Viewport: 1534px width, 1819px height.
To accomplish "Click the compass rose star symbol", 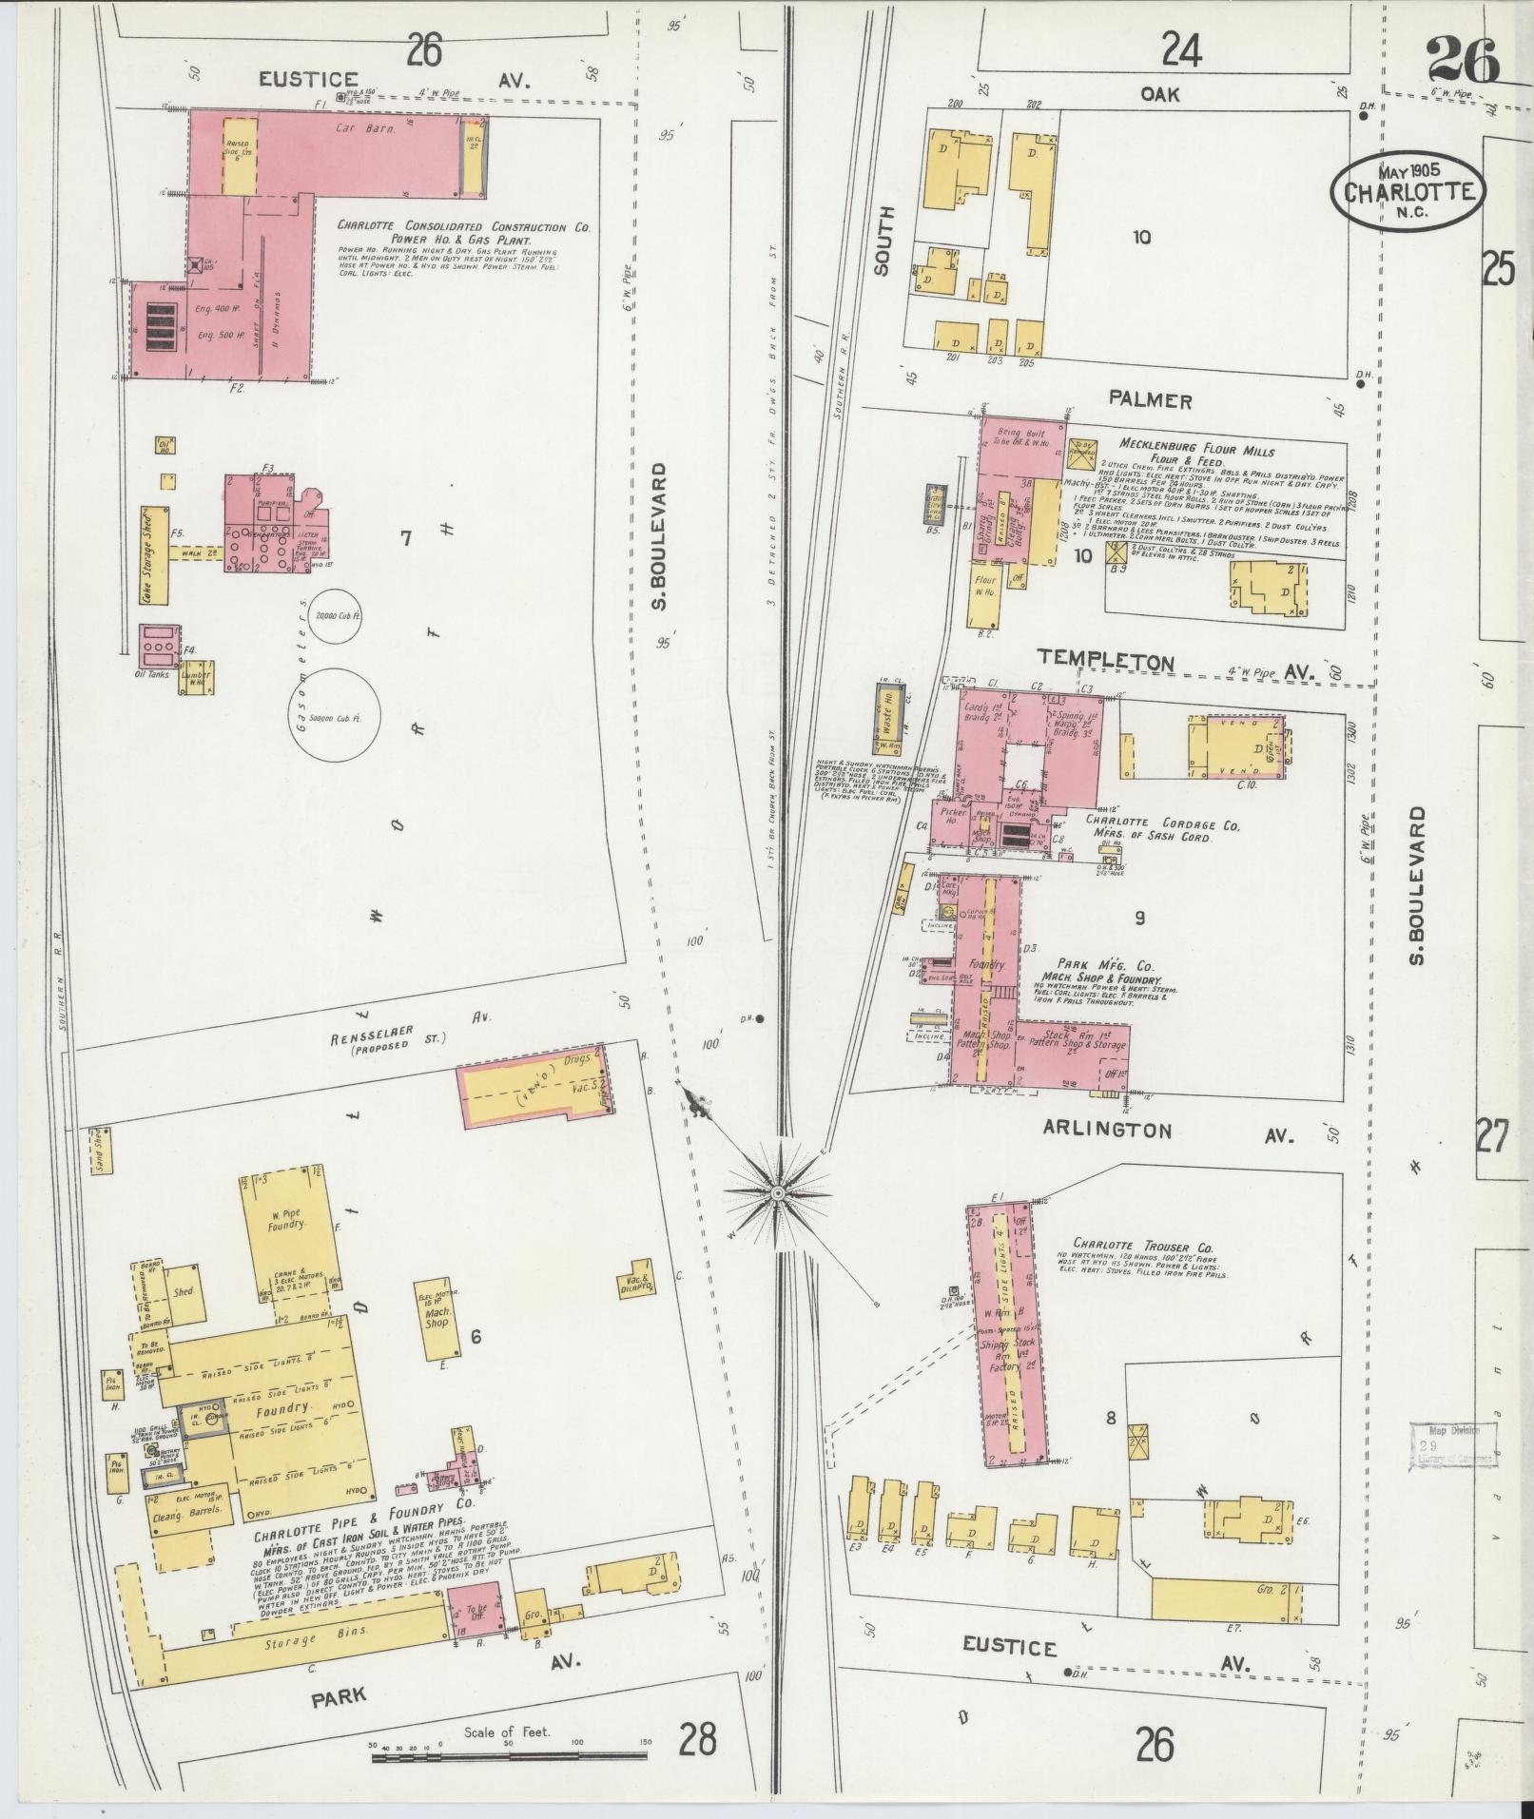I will pos(778,1191).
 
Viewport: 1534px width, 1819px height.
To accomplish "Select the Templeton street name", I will pos(1105,659).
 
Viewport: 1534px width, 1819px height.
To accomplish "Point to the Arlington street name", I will pos(1107,1130).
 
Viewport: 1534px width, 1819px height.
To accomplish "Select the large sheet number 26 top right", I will pos(1462,59).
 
